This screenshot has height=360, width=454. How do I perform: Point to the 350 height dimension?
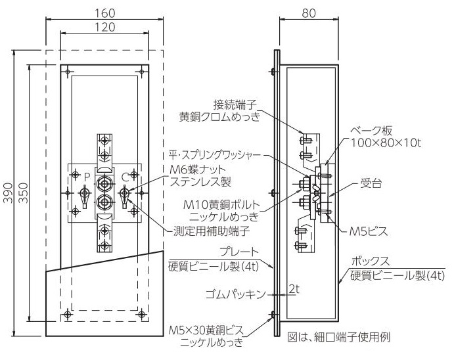pos(23,192)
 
